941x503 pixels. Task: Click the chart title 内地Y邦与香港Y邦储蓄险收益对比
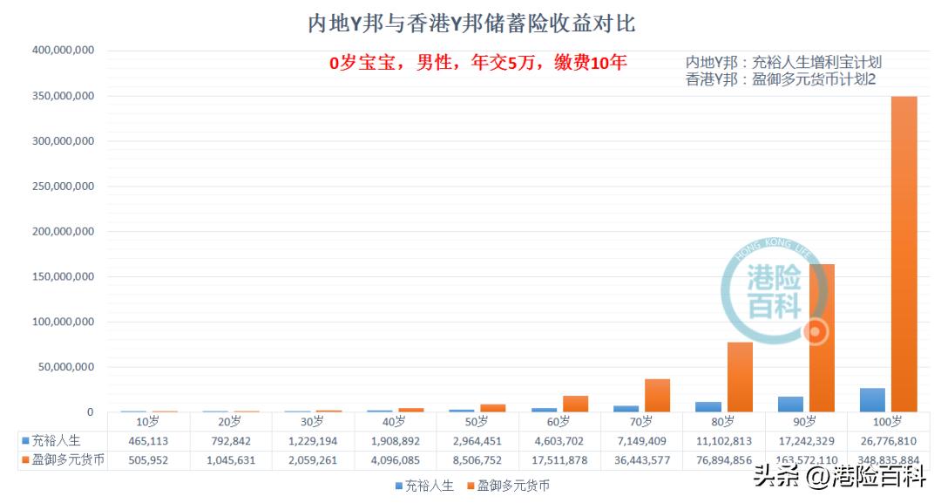point(471,24)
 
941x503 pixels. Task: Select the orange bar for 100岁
point(904,254)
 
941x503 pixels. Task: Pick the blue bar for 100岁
point(872,400)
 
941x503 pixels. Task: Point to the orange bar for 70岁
point(658,395)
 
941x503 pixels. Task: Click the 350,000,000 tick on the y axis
point(63,96)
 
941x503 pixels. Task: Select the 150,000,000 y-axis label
point(63,276)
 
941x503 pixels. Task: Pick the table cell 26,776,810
point(889,441)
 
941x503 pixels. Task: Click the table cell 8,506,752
point(477,460)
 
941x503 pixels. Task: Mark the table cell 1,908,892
point(396,441)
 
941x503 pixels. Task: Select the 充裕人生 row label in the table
point(58,441)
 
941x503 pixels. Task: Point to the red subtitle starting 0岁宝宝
point(477,64)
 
